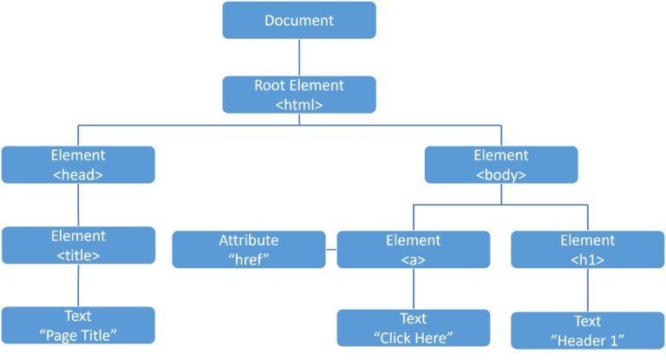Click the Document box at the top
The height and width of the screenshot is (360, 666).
tap(299, 20)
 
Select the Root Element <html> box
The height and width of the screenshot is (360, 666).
tap(299, 95)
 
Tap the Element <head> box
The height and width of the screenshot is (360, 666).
tap(79, 164)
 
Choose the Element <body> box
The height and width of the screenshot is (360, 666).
tap(501, 164)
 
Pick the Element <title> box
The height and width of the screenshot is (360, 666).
tap(79, 245)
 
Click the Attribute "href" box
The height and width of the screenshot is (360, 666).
tap(249, 249)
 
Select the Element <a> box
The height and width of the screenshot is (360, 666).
tap(414, 249)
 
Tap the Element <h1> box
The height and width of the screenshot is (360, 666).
tap(587, 249)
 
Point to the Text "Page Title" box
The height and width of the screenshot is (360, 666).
tap(79, 324)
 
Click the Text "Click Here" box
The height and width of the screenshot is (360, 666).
tap(414, 327)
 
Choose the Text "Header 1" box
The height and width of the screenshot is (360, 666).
tap(587, 330)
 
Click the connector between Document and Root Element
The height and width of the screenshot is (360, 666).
tap(299, 57)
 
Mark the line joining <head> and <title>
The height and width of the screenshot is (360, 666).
tap(79, 205)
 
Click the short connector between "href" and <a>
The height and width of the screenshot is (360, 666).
tap(331, 250)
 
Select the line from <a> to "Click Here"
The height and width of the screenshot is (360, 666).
tap(414, 288)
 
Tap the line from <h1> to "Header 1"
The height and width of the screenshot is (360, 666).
tap(587, 290)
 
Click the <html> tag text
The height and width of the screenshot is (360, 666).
tap(299, 104)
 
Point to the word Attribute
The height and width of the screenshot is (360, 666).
tap(249, 240)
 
